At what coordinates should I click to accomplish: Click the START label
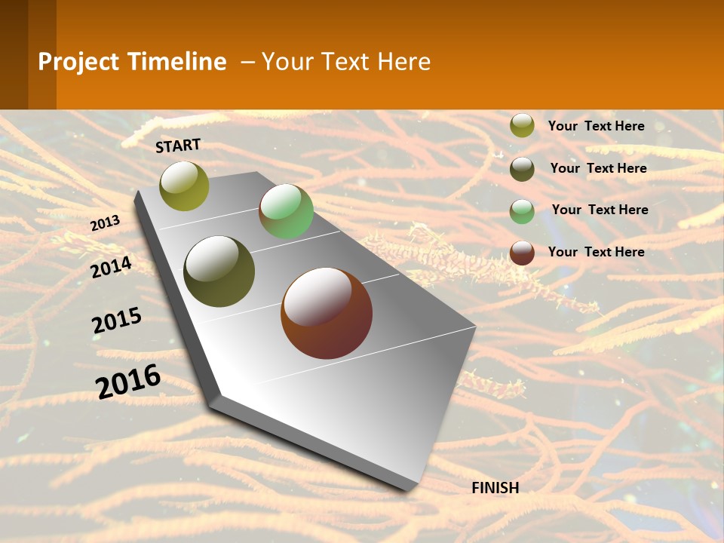point(178,146)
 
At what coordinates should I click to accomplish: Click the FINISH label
point(495,488)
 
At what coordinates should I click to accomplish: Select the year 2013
point(106,222)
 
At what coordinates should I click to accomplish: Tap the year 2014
point(111,267)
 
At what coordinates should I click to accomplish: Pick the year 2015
point(117,321)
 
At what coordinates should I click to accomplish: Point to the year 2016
point(128,381)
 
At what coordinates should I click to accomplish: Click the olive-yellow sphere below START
point(184,186)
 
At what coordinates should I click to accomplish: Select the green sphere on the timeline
point(286,211)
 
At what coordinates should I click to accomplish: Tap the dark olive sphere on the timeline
point(219,271)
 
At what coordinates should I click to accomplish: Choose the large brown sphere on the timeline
point(327,313)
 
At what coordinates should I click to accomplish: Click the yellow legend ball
point(522,126)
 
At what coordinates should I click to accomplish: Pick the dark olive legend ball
point(522,169)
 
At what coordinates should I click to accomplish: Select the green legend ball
point(522,211)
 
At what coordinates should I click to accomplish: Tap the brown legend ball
point(522,253)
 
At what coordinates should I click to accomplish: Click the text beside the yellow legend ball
point(596,126)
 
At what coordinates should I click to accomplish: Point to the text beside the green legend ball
point(600,210)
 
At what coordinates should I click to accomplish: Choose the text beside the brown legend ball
point(596,252)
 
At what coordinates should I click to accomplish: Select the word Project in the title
point(78,62)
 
